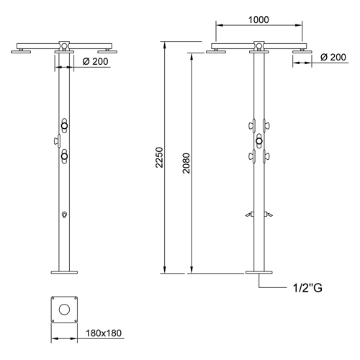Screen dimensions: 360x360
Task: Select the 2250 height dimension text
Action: (x=159, y=158)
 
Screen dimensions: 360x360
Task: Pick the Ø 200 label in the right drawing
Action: (x=333, y=57)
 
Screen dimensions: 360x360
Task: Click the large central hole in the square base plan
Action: (x=66, y=309)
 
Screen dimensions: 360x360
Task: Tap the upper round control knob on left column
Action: (x=64, y=126)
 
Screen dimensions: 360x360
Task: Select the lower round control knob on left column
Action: (x=64, y=155)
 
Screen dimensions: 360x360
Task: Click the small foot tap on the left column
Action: (x=64, y=215)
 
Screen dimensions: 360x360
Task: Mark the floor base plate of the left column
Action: (x=64, y=271)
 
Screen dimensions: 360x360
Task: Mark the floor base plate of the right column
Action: (x=258, y=271)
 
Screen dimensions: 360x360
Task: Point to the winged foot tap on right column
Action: (x=258, y=214)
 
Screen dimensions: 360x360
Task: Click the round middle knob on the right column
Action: (x=258, y=140)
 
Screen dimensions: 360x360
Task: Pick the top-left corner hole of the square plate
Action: (x=55, y=299)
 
